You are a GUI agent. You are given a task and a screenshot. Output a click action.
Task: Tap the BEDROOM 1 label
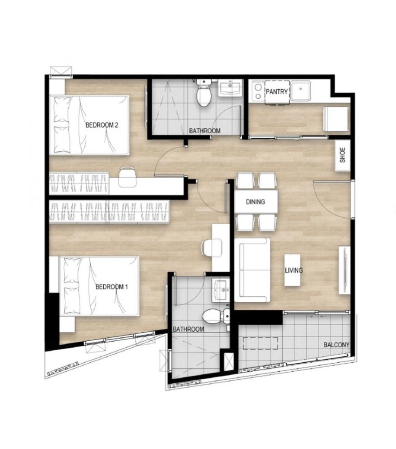[112, 287]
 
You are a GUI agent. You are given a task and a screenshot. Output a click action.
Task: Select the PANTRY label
[277, 92]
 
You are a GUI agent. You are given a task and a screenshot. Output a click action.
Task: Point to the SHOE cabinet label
[343, 155]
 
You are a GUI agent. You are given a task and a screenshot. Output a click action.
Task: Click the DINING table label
[255, 202]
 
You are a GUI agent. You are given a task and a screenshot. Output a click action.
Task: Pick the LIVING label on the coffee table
[294, 270]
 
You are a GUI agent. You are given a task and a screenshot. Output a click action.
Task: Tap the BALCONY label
[337, 345]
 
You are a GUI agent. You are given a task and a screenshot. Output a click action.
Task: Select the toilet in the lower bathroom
[215, 316]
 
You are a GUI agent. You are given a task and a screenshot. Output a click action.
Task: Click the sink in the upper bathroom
[230, 88]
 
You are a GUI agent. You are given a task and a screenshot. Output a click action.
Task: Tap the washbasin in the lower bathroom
[220, 291]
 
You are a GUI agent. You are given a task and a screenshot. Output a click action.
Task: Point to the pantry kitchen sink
[300, 90]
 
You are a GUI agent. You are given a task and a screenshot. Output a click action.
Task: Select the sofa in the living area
[252, 270]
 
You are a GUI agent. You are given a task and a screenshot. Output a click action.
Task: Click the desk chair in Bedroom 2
[127, 177]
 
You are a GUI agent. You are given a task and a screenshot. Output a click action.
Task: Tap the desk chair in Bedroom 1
[211, 248]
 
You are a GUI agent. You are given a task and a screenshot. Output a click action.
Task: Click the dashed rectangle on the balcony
[260, 343]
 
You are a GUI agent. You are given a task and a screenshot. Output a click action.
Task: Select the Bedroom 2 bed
[89, 125]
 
